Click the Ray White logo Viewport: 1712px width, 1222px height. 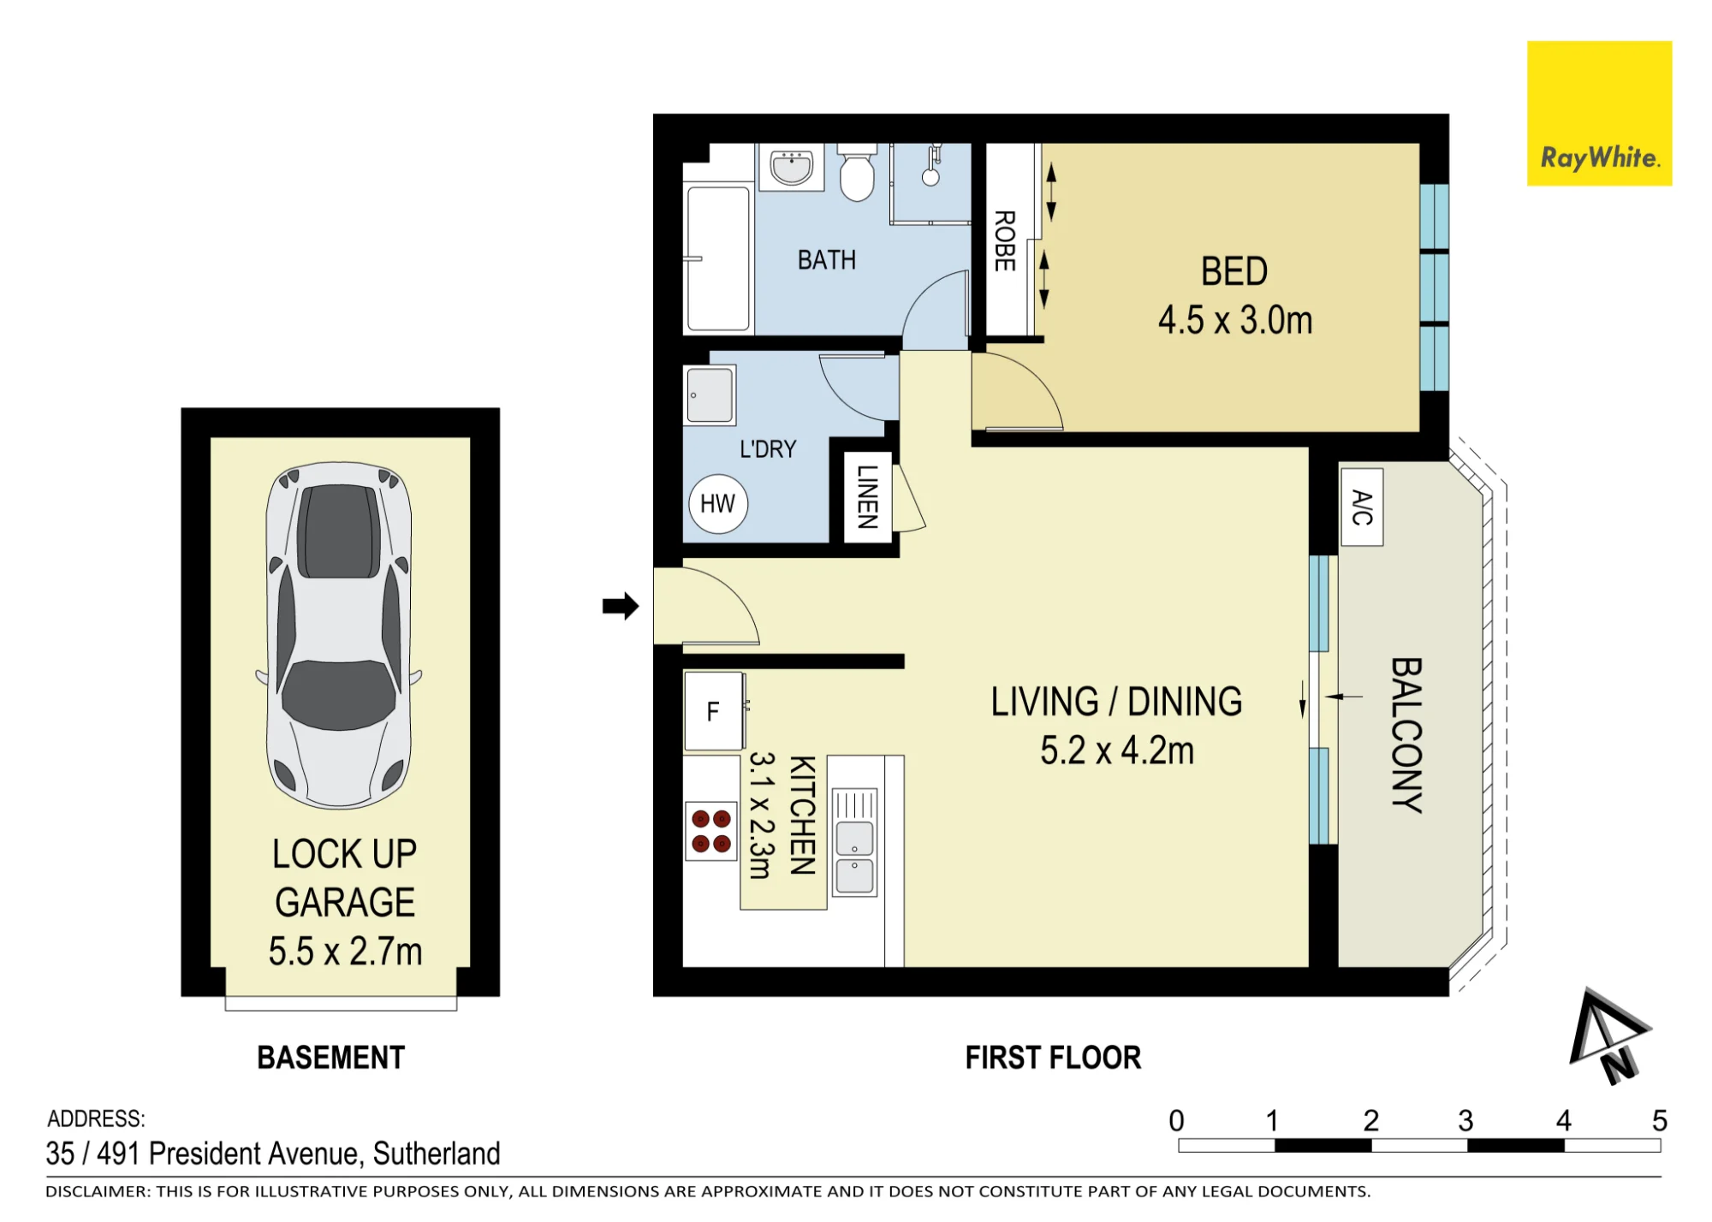pos(1599,113)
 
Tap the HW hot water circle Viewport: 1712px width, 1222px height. pos(718,504)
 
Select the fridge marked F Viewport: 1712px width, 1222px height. pos(714,711)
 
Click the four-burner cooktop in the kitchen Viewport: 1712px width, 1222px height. pos(711,831)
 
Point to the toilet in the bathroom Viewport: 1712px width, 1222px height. pos(857,172)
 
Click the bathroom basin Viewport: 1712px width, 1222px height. pos(793,167)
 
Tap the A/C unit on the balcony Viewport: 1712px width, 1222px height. pos(1361,507)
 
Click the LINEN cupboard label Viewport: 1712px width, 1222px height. pos(868,497)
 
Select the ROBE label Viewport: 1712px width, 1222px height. pos(1004,240)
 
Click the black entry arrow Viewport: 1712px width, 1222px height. pos(621,606)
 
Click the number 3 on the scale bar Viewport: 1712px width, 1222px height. pos(1465,1121)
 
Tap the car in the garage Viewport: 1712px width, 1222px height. pos(340,635)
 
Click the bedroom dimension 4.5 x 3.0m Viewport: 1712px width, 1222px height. pos(1235,320)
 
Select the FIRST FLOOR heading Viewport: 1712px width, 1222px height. pos(1053,1058)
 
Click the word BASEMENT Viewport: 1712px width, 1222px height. pos(331,1058)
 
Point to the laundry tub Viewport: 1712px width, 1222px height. pos(710,394)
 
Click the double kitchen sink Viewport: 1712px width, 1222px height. pos(854,842)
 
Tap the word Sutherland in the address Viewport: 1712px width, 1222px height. pos(437,1154)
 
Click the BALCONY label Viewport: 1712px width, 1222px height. pos(1406,734)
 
